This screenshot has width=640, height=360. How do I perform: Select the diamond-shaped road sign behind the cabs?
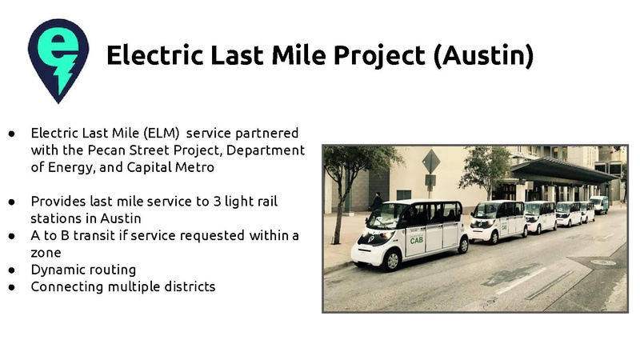coord(431,161)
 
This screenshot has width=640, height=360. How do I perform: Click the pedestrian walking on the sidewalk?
coord(375,205)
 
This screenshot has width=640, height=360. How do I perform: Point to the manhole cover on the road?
coord(603,262)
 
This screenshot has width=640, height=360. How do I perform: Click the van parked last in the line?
coord(598,204)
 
